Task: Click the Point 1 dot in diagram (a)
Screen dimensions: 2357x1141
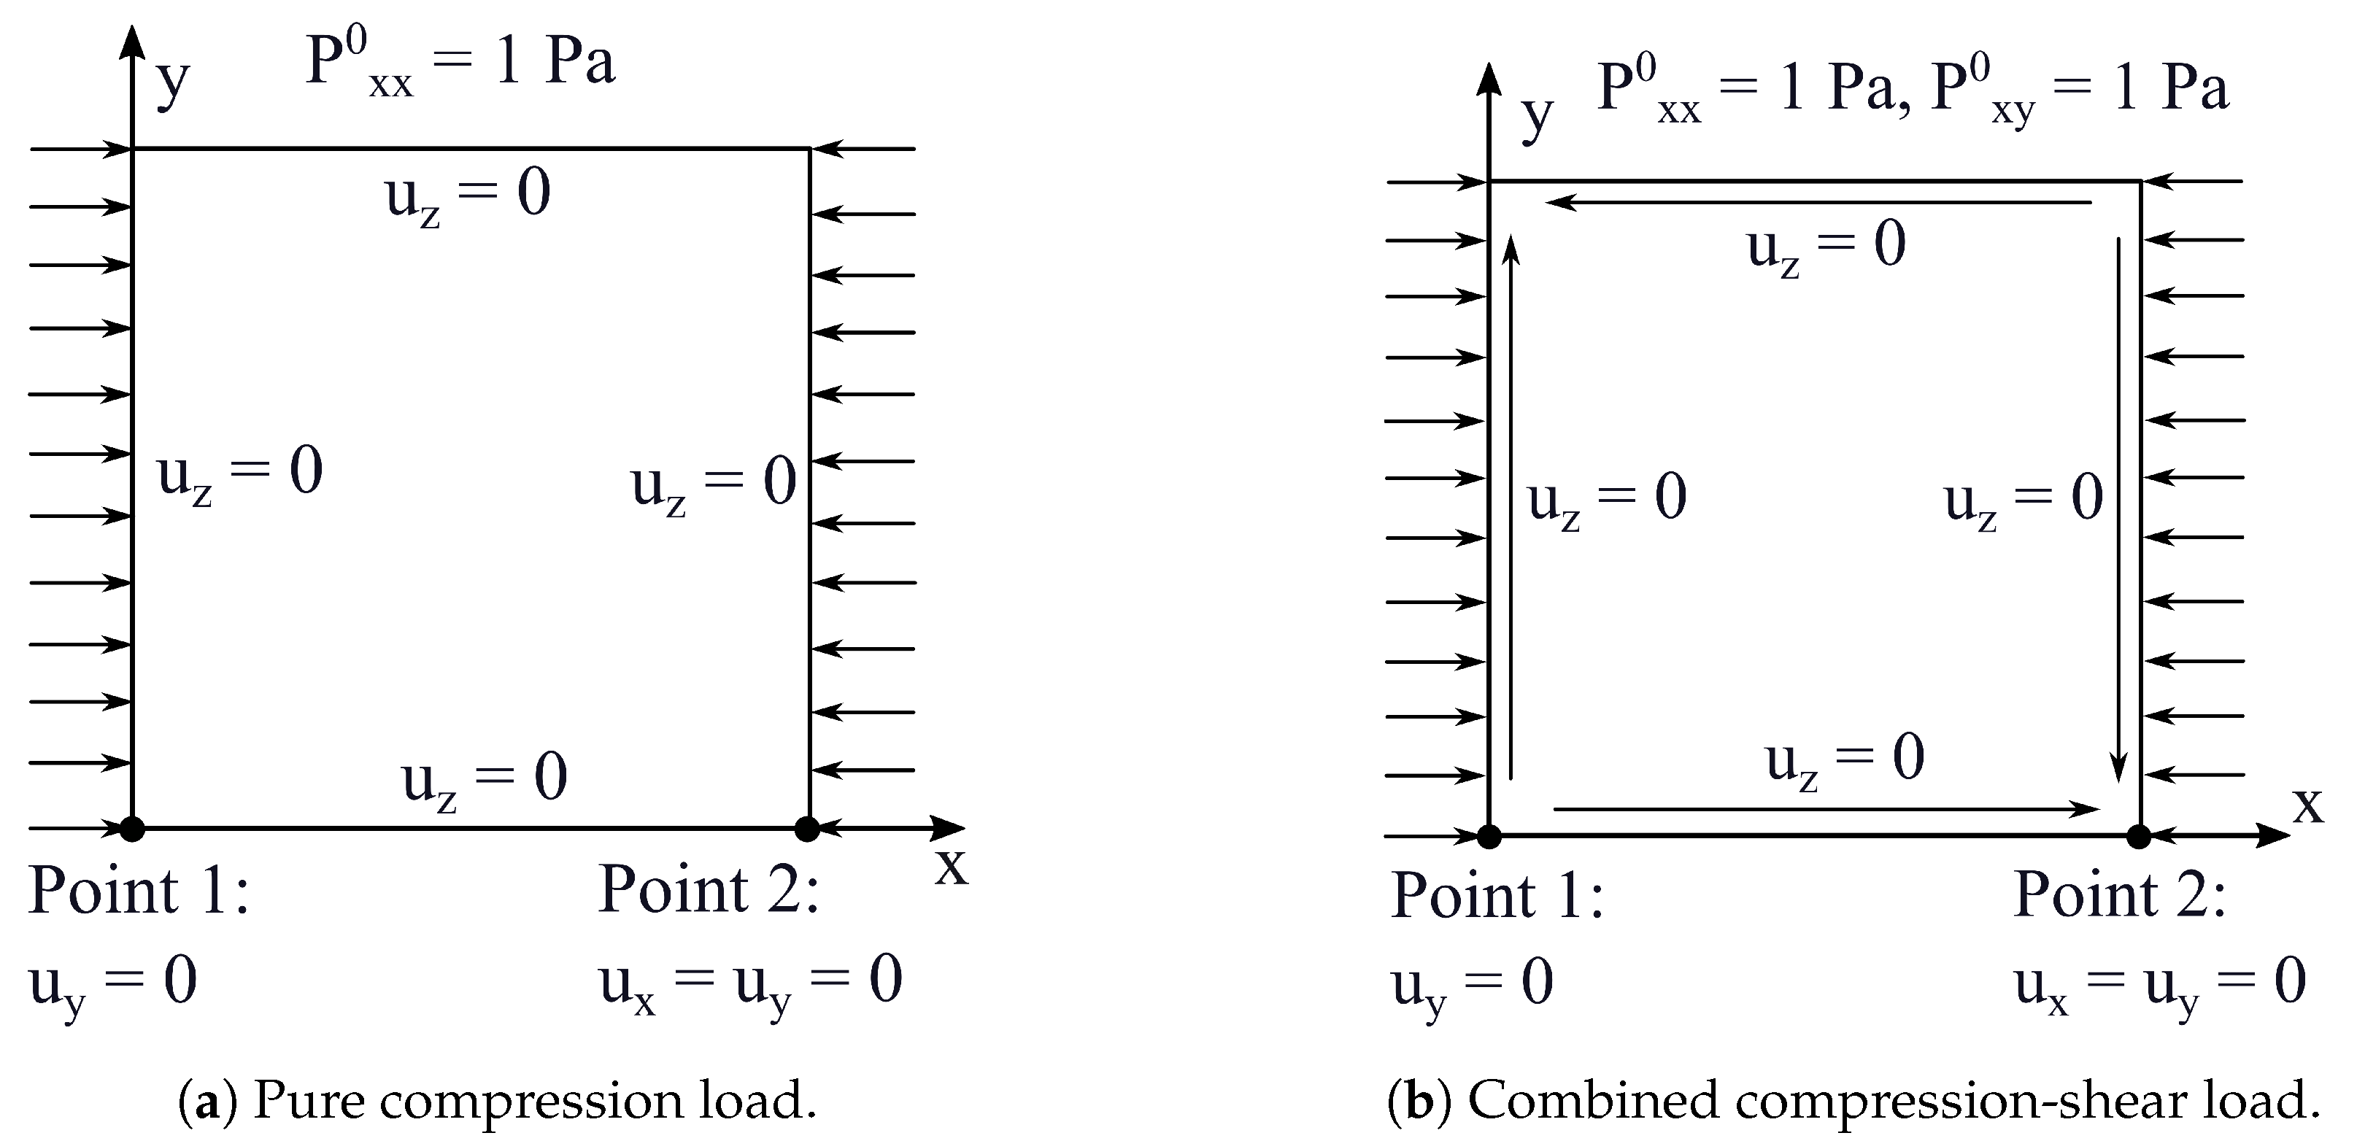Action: [133, 829]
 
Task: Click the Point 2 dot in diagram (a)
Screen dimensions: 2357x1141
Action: [807, 829]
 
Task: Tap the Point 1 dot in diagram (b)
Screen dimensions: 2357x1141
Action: [1489, 836]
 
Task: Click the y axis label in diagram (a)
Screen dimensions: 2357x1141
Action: [173, 82]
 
